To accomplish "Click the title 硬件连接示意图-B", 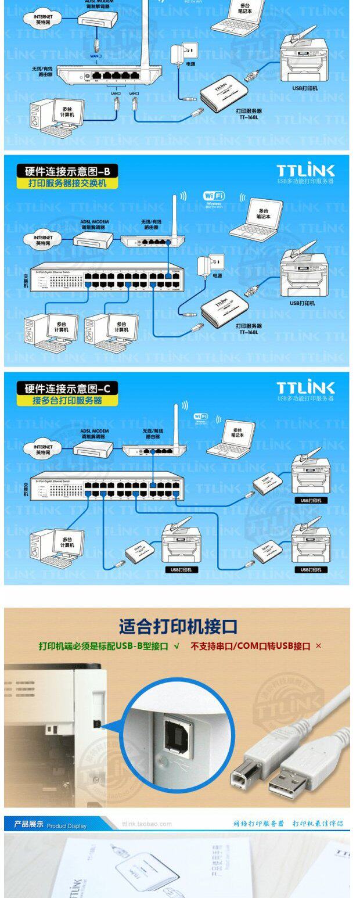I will tap(67, 171).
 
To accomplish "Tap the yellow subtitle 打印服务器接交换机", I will tap(67, 184).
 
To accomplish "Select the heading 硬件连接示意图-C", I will tap(67, 388).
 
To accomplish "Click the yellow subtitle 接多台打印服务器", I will tap(67, 400).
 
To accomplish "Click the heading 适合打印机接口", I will tap(178, 627).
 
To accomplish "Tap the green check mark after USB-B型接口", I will tap(177, 646).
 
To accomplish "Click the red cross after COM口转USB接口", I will tap(318, 646).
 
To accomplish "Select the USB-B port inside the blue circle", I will tap(172, 738).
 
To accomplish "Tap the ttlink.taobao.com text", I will tap(147, 824).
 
